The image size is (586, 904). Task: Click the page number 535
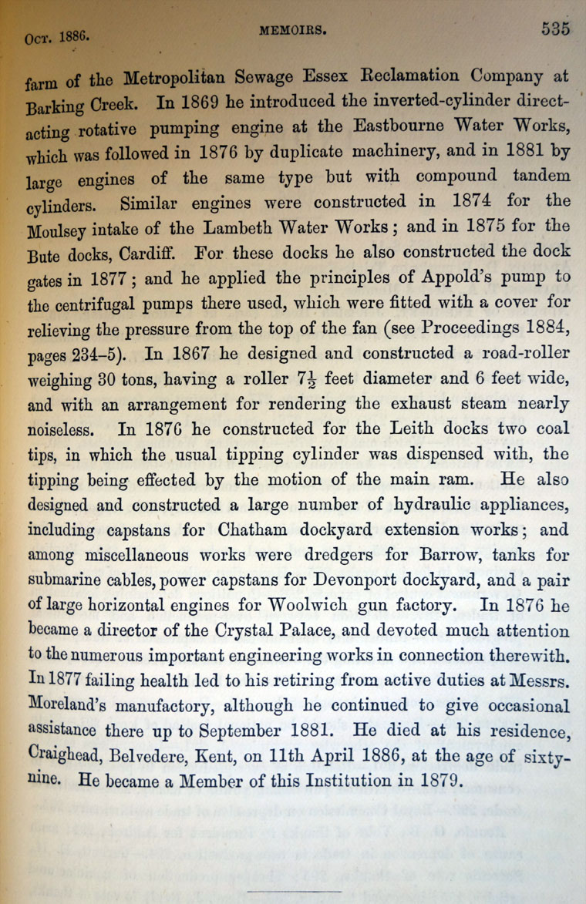tap(555, 29)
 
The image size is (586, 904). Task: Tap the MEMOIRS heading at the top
tap(293, 32)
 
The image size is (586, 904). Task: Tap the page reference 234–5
tap(108, 354)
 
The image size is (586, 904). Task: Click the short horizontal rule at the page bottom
tap(294, 892)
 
